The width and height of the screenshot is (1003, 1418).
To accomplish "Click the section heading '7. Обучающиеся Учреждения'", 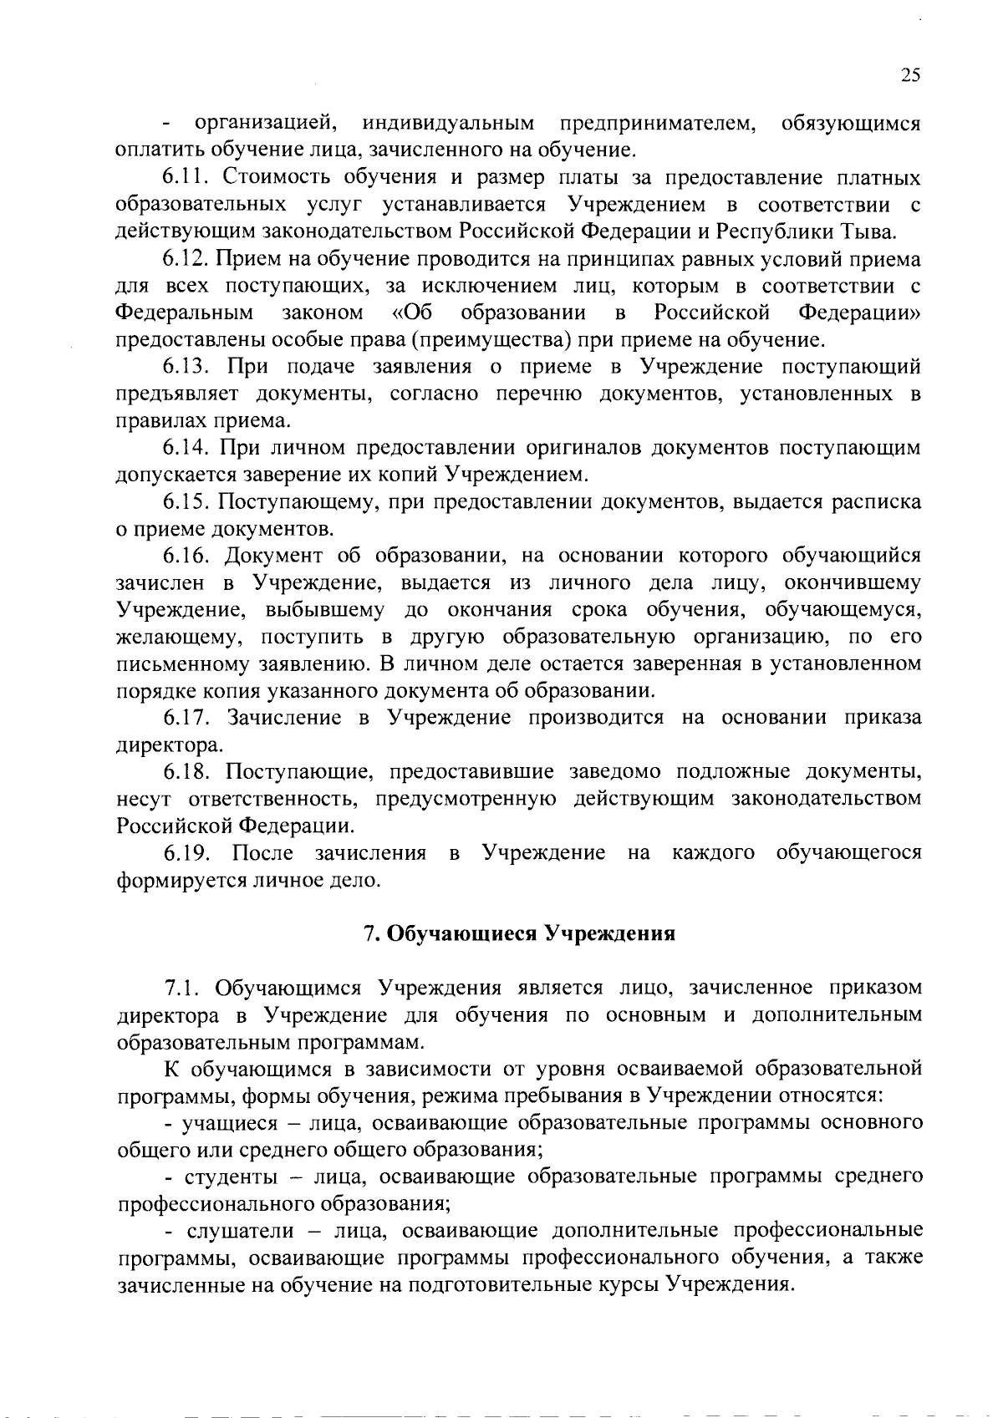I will click(x=519, y=933).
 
